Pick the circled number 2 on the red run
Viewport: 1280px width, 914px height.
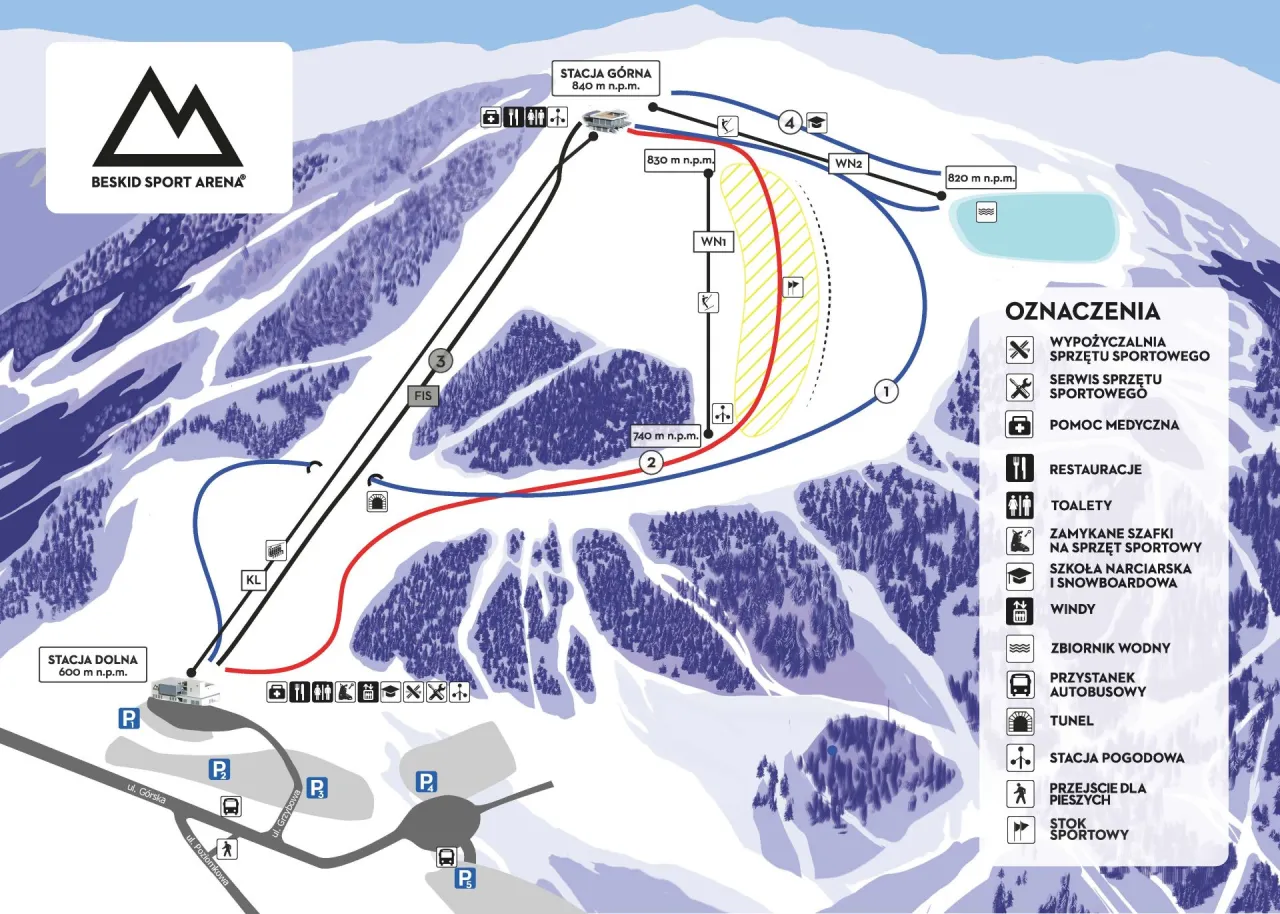point(651,462)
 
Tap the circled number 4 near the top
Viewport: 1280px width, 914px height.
point(791,123)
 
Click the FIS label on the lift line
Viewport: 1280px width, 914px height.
point(423,395)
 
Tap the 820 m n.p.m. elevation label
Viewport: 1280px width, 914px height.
point(980,178)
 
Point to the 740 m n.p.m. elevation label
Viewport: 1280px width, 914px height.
point(665,435)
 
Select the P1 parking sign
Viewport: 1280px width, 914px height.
point(128,717)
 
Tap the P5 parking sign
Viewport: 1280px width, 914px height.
point(465,879)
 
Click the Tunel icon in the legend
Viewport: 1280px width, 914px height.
point(1020,720)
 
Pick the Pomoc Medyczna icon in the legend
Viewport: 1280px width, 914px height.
point(1020,424)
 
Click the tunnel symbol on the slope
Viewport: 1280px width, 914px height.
point(378,502)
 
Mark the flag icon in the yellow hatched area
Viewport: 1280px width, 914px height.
point(793,287)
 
